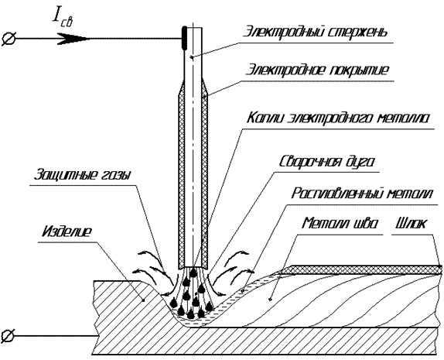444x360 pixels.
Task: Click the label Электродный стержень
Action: point(315,32)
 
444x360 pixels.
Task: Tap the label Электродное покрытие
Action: point(317,70)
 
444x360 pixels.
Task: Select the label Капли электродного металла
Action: point(339,118)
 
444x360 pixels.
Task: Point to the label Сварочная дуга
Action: point(326,162)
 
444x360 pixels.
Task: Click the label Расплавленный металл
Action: point(362,194)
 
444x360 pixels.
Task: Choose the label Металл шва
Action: point(340,224)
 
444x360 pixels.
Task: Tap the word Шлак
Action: point(412,224)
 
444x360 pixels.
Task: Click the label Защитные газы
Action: point(83,175)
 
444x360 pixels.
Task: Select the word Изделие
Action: point(67,231)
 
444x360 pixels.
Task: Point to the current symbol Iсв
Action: point(63,19)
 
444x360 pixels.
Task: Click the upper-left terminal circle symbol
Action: point(9,39)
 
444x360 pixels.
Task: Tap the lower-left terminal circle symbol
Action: point(8,336)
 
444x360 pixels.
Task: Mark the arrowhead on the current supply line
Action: point(73,39)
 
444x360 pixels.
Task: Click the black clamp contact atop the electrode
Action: point(184,38)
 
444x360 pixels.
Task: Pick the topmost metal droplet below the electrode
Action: point(193,273)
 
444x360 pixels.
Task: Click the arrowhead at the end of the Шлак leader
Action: point(439,267)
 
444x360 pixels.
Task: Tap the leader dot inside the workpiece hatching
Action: point(144,300)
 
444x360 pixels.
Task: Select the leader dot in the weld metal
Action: point(270,300)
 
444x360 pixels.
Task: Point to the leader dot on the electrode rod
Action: point(190,58)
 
